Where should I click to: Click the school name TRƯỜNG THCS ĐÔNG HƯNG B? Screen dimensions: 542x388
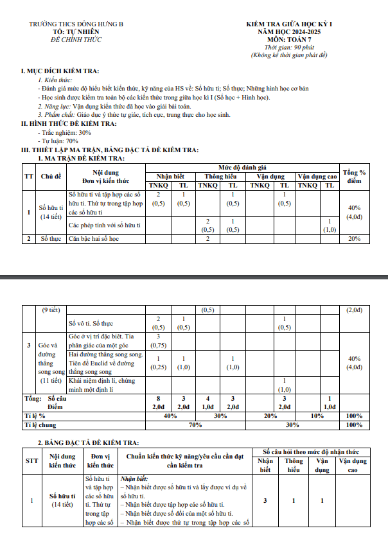tap(76, 24)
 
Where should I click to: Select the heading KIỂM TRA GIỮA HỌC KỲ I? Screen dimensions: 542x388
tap(288, 24)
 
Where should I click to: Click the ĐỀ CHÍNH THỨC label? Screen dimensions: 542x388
tap(76, 40)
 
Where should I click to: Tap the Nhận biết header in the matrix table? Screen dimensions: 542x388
tap(170, 177)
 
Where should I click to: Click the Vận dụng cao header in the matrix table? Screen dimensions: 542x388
tap(317, 177)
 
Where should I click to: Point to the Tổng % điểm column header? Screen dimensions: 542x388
tap(354, 176)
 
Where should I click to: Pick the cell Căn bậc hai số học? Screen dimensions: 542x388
tap(101, 239)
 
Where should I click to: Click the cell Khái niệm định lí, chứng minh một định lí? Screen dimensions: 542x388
tap(105, 385)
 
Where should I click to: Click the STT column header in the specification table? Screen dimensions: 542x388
tap(31, 460)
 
